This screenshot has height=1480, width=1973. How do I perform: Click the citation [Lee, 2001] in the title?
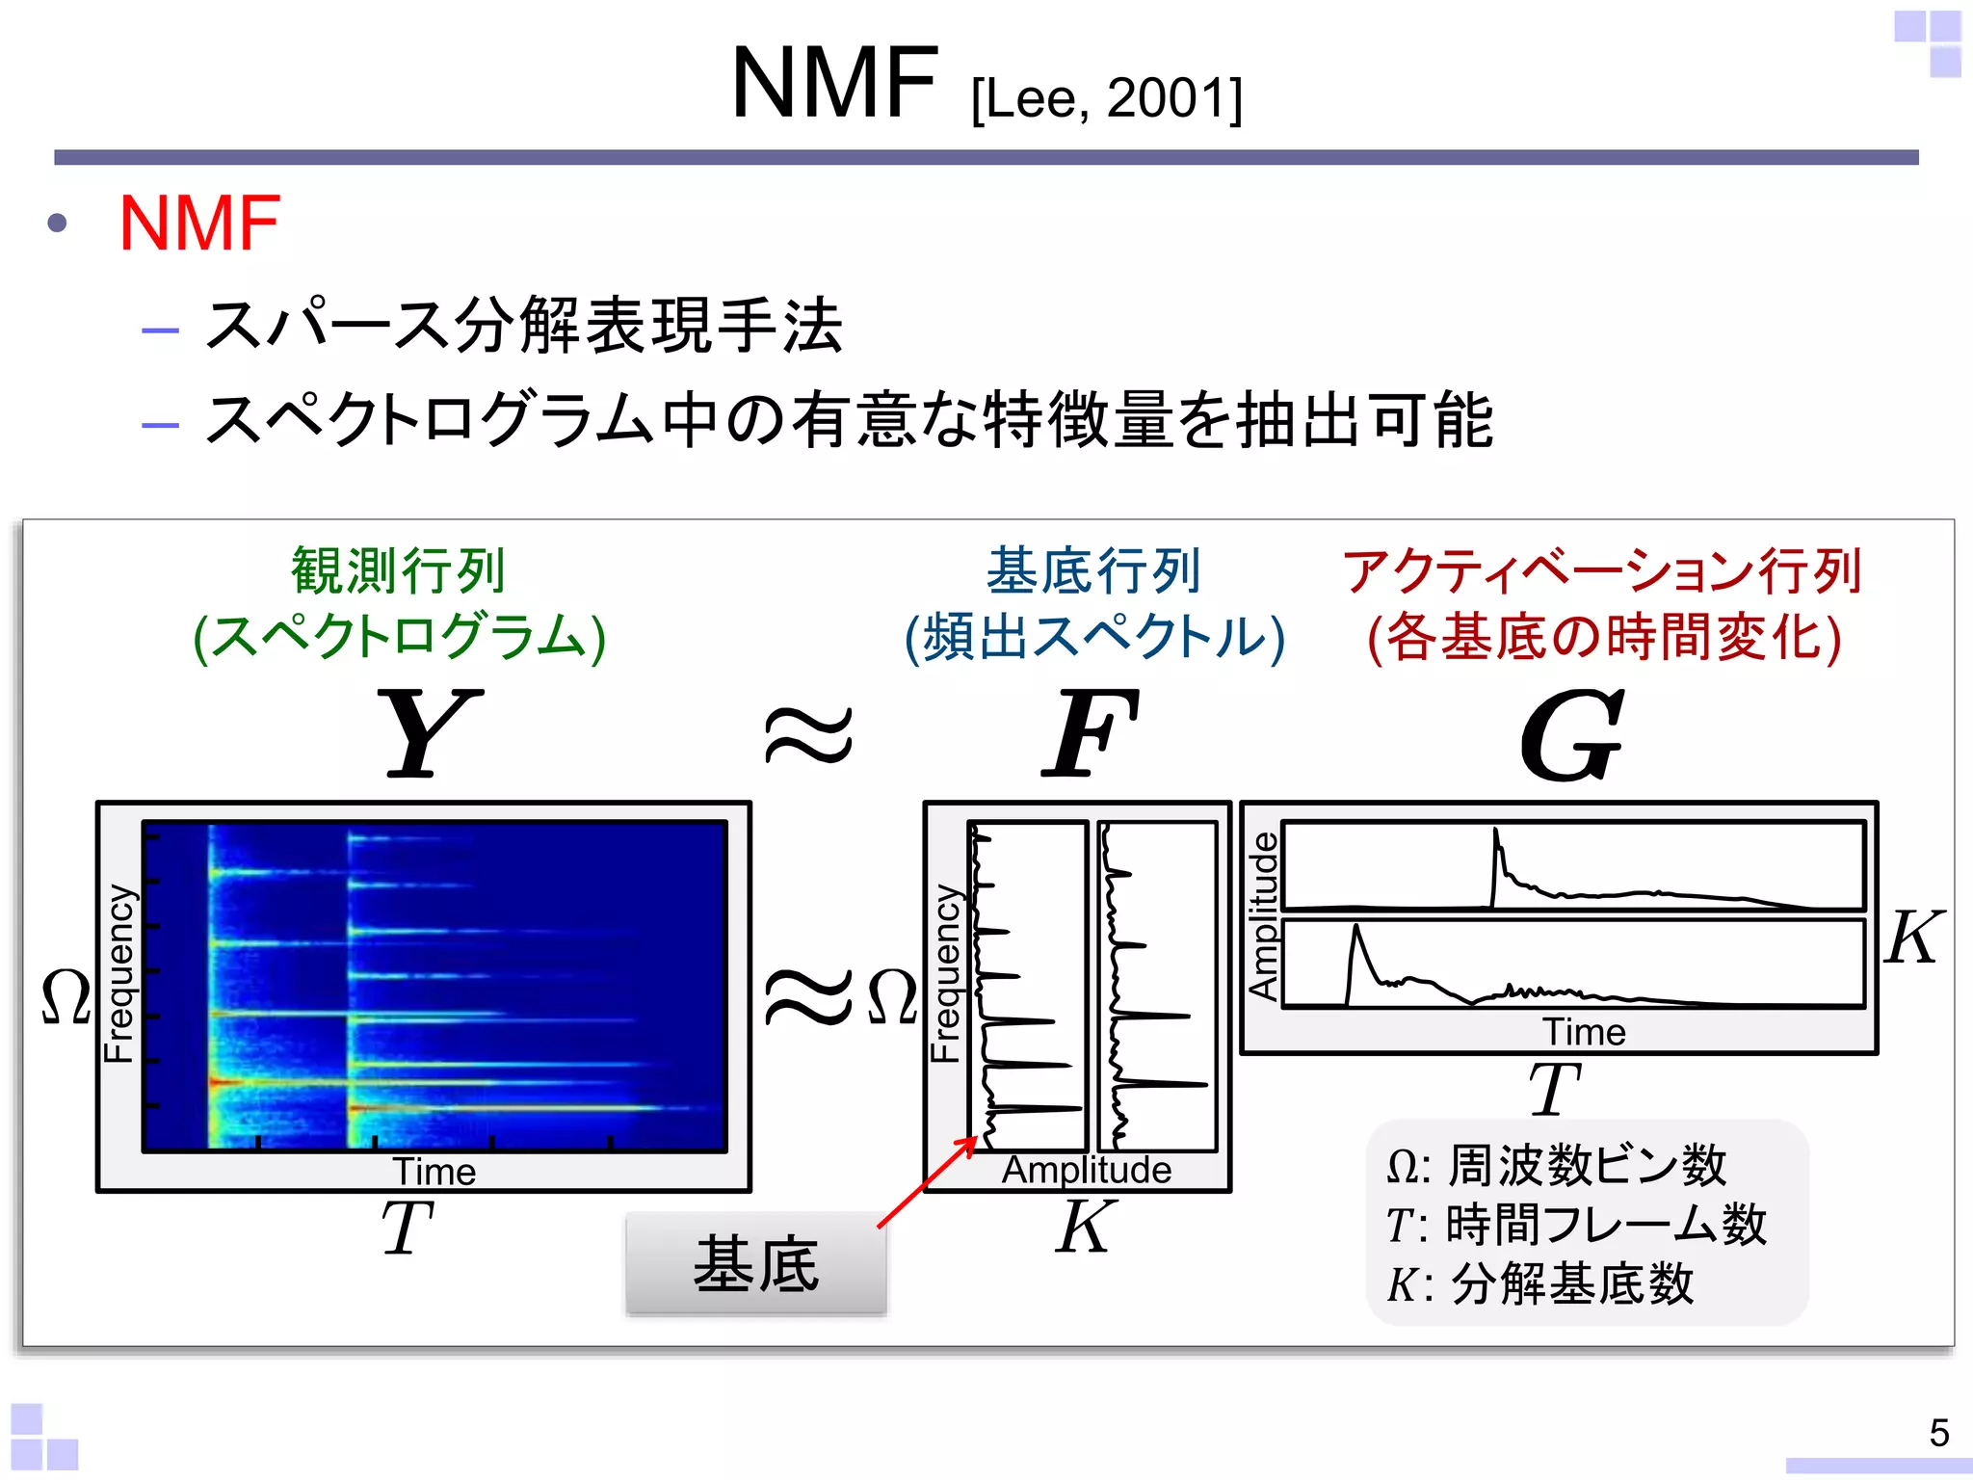1106,98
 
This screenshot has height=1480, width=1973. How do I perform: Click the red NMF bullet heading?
199,224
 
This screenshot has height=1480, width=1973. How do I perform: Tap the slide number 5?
1938,1433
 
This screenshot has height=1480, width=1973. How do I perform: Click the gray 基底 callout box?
755,1263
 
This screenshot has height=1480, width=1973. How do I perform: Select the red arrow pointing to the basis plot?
927,1182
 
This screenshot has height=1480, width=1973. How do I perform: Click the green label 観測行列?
398,570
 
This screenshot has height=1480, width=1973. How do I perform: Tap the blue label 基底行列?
1092,570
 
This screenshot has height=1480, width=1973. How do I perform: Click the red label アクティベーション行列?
1602,570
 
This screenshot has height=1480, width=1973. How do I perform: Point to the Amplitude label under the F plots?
1086,1170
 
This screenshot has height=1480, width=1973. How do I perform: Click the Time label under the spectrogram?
434,1172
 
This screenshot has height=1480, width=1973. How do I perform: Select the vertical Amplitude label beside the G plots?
1263,915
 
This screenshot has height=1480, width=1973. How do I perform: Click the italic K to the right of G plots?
1912,937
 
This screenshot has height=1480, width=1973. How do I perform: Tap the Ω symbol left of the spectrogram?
66,996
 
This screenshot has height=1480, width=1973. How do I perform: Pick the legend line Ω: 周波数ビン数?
1556,1165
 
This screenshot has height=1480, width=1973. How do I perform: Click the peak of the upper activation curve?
1496,831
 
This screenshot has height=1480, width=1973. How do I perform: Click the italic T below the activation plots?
1554,1089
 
